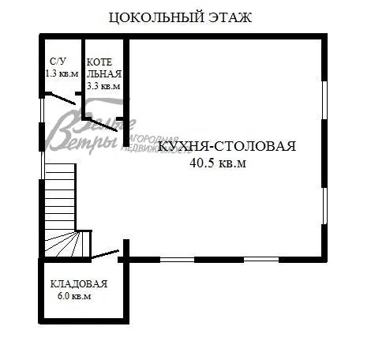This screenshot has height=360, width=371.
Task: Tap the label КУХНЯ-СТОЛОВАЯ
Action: tap(227, 146)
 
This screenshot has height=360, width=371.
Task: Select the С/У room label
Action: tap(58, 61)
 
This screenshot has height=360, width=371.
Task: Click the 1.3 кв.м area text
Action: tap(62, 73)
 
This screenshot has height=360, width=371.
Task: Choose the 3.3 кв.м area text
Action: tap(103, 86)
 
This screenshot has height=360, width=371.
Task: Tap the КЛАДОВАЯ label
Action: tap(78, 283)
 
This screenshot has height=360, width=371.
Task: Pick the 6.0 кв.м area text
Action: tap(74, 297)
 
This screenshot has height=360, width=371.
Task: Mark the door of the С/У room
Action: tap(62, 99)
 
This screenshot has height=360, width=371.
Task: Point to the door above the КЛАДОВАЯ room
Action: tap(104, 255)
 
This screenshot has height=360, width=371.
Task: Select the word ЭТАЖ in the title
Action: tap(224, 18)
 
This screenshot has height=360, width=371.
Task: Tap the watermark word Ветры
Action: tap(79, 138)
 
